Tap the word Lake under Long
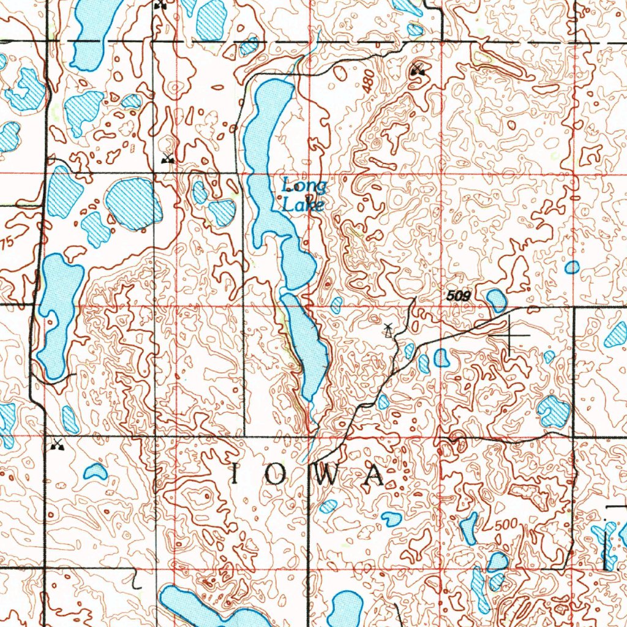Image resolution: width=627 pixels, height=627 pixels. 302,205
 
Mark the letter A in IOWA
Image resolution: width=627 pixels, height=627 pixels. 373,476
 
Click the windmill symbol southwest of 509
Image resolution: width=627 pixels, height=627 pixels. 387,331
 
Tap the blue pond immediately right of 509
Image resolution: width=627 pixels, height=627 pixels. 496,300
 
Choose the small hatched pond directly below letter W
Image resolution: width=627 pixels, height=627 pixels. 329,506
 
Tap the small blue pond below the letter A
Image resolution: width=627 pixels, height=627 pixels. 391,519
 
